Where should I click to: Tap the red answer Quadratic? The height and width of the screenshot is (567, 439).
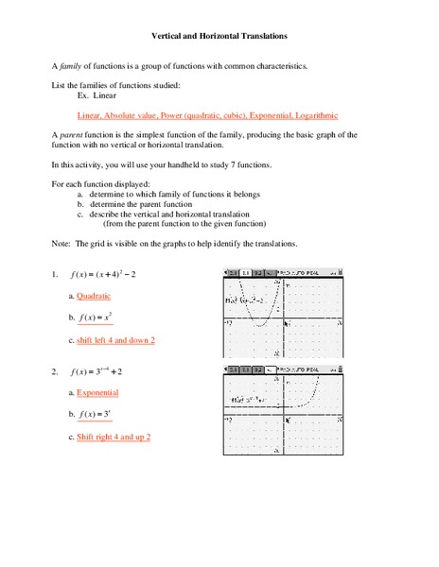(94, 296)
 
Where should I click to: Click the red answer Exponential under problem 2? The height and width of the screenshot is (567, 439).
(97, 392)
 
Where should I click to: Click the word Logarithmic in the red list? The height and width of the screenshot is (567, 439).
(308, 114)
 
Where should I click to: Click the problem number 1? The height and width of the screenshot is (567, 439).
(55, 275)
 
